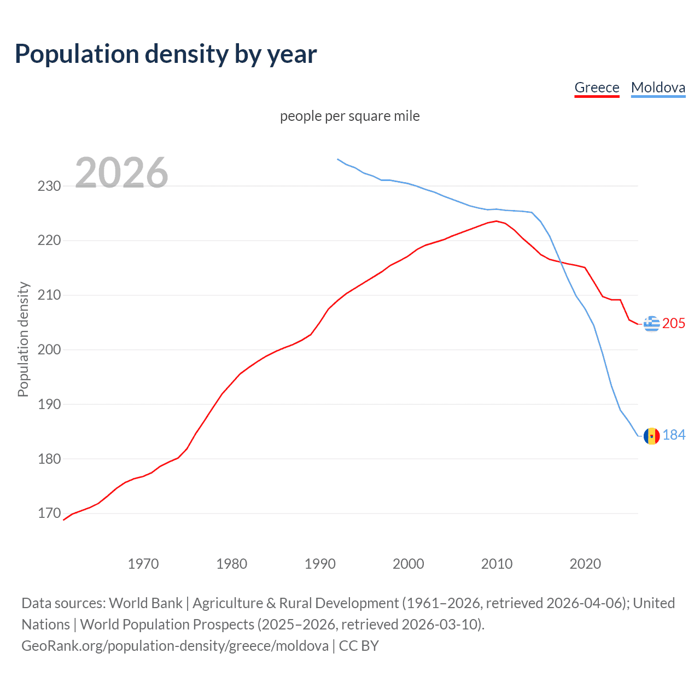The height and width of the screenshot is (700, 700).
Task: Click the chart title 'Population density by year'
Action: tap(166, 54)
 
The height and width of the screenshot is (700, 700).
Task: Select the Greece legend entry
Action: tap(597, 87)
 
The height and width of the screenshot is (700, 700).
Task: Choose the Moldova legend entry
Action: tap(658, 87)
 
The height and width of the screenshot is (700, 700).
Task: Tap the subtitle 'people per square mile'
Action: tap(349, 116)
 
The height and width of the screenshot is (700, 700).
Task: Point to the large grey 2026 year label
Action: tap(121, 173)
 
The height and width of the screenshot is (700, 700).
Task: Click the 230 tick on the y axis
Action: tap(49, 186)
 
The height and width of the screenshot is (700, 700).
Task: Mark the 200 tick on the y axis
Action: tap(49, 349)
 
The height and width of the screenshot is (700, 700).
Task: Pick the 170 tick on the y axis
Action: tap(49, 513)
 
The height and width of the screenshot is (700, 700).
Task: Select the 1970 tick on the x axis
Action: tap(143, 564)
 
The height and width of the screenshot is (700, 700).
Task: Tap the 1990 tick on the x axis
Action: tap(320, 564)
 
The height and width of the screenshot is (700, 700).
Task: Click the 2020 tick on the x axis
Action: tap(585, 564)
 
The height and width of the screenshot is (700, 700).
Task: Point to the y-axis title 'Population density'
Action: tap(23, 339)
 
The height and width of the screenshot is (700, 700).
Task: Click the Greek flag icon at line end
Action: tap(651, 324)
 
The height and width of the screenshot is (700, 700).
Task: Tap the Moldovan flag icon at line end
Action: tap(651, 436)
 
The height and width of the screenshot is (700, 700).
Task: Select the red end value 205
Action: tap(674, 324)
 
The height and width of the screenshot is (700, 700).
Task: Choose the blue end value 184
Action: tap(674, 435)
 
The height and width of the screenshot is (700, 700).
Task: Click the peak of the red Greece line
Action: tap(497, 221)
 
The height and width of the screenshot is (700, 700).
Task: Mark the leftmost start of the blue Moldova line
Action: tap(338, 159)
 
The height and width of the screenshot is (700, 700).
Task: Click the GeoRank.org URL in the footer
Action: tap(175, 646)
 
